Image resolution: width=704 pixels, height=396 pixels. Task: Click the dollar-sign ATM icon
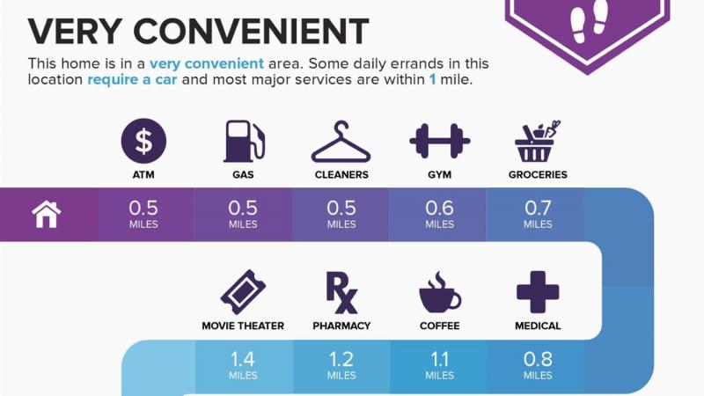point(143,141)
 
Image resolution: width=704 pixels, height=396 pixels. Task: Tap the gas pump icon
point(244,141)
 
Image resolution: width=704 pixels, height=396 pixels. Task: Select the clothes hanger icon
point(341,142)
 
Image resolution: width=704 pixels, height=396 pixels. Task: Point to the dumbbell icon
point(439,141)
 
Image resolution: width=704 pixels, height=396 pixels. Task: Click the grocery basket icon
point(538,141)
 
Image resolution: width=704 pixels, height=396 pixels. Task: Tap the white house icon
point(47,215)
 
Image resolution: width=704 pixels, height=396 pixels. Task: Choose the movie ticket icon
point(243,292)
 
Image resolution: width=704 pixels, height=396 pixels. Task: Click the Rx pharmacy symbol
point(341,293)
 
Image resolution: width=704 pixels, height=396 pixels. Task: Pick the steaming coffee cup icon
point(439,292)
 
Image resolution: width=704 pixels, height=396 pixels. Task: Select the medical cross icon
point(538,292)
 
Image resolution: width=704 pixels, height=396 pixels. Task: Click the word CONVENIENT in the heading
point(252,32)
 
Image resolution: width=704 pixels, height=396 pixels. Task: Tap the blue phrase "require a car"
point(132,79)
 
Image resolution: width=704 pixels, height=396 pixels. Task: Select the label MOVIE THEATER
point(243,326)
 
